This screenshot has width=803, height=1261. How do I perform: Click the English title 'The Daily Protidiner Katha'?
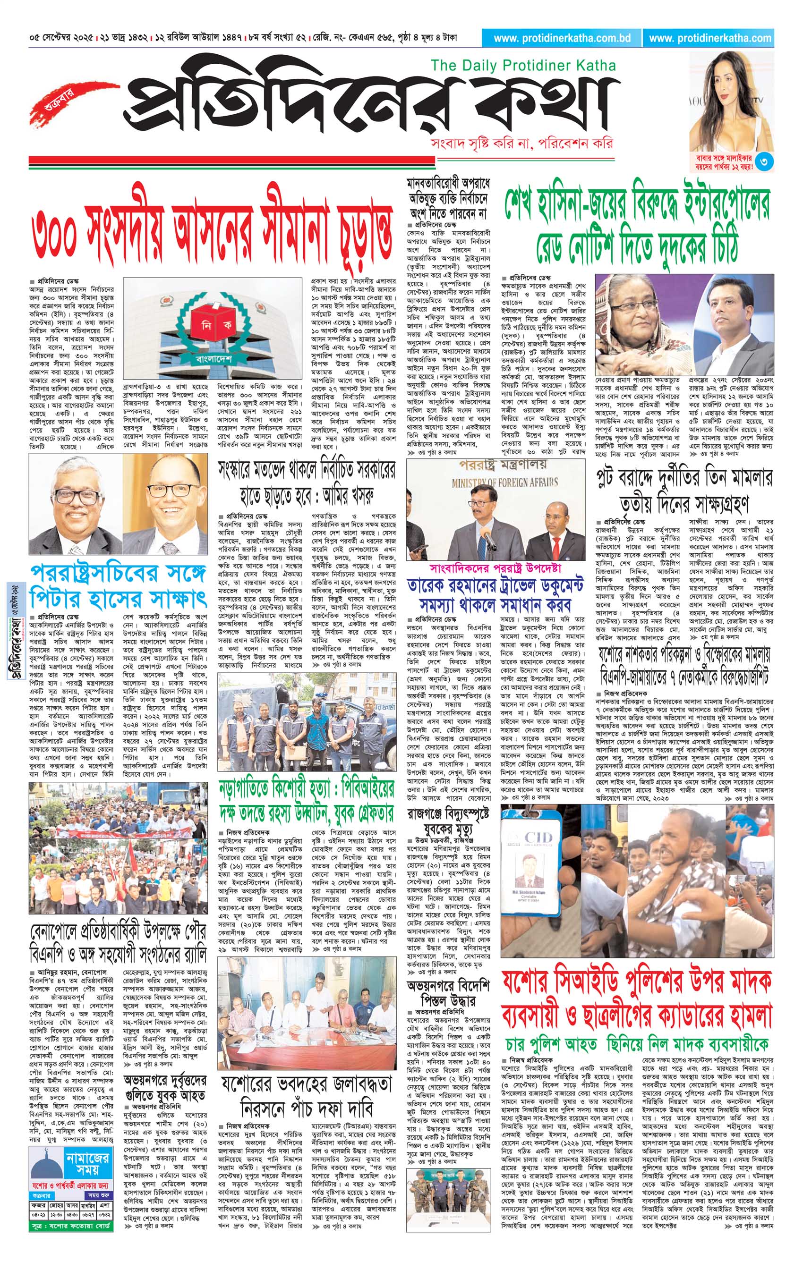click(x=523, y=66)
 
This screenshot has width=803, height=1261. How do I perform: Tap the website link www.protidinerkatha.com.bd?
click(x=562, y=38)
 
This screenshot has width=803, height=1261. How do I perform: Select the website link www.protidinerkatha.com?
click(x=710, y=38)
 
